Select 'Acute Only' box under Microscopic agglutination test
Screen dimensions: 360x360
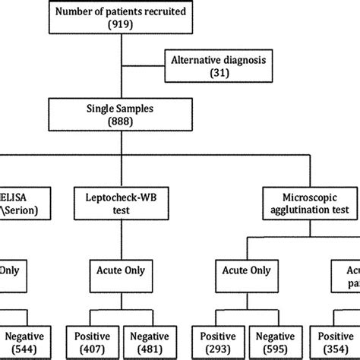(x=244, y=271)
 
